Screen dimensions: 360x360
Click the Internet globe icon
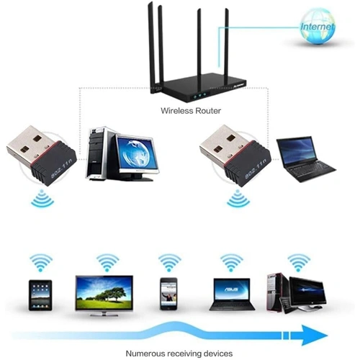coord(317,26)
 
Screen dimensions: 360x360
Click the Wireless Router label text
coord(191,111)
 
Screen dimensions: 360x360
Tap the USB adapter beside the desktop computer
coord(42,156)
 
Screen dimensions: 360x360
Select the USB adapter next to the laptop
coord(235,156)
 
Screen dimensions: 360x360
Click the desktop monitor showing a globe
coord(138,156)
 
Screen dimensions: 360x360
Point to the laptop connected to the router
coord(305,159)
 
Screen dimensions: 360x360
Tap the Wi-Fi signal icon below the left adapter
coord(42,199)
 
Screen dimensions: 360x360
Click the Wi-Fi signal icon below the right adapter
coord(238,199)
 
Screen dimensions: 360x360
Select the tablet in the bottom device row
coord(40,295)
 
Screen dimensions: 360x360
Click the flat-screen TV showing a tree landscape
coord(104,296)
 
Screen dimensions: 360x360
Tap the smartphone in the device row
coord(168,294)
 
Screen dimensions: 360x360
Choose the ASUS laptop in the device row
coord(232,294)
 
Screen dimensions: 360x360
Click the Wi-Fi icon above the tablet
coord(41,263)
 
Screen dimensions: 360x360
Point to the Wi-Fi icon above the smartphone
coord(169,263)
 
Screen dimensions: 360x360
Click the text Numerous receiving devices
coord(179,354)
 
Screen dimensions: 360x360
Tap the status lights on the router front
coord(199,96)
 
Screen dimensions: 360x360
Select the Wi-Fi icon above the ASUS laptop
coord(232,263)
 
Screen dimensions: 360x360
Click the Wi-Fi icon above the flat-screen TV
coord(108,263)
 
